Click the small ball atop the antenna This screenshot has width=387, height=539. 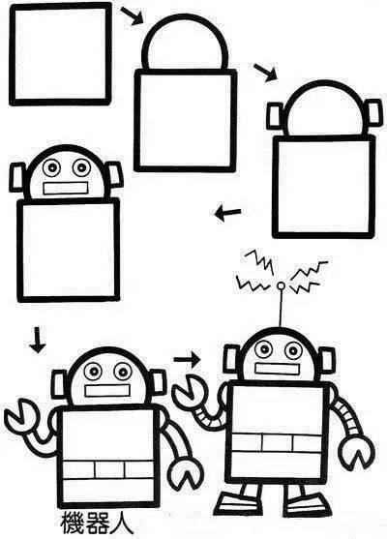(x=281, y=285)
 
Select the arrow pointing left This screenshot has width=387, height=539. (x=227, y=213)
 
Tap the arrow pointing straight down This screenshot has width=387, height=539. (x=38, y=340)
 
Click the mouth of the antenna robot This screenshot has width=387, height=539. (x=278, y=369)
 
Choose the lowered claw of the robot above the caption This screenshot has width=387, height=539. (x=187, y=472)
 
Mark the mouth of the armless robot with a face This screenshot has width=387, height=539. (x=65, y=188)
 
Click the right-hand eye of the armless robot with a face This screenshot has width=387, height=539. (x=81, y=167)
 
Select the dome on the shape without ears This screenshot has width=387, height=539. (x=186, y=43)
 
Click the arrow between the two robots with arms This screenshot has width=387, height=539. (x=188, y=360)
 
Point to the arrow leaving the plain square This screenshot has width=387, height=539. (x=132, y=15)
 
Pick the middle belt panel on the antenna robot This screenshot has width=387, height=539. (x=278, y=440)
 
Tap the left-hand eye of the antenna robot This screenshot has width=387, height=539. (x=264, y=349)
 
